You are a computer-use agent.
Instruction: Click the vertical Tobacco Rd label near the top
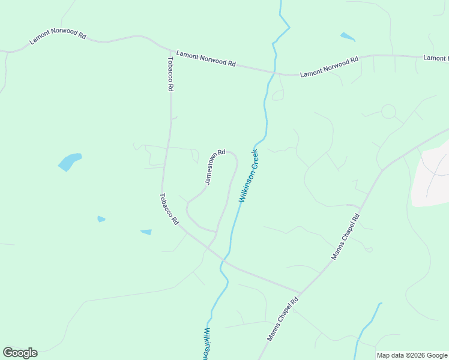pos(170,74)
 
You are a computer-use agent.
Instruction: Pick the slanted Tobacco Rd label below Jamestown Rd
pos(169,209)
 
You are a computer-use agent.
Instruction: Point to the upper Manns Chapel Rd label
pos(345,235)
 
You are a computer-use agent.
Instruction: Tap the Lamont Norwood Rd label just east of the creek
pos(329,66)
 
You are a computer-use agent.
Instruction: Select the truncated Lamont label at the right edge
pos(435,58)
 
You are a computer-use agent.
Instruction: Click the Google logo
pos(20,353)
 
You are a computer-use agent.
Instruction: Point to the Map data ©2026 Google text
pos(412,355)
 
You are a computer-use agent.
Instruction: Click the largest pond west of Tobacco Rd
pos(69,161)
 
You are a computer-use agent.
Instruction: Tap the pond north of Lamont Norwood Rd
pos(347,37)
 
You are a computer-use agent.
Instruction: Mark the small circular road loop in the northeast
pos(388,112)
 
